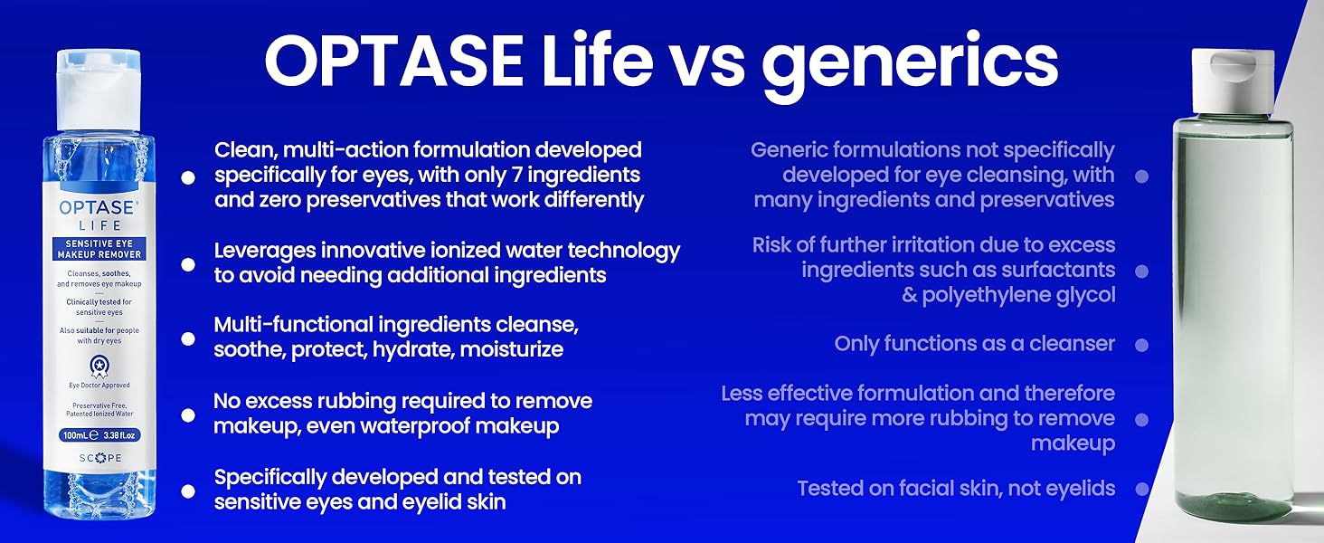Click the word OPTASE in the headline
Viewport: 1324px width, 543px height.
(394, 61)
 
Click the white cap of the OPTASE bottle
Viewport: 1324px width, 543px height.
(99, 90)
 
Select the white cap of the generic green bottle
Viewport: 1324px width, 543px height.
(1233, 81)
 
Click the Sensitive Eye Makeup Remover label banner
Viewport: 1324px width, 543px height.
(99, 249)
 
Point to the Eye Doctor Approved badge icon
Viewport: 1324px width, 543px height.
(99, 367)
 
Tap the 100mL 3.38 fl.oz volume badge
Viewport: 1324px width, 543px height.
(99, 435)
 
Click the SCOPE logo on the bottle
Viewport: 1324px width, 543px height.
(99, 458)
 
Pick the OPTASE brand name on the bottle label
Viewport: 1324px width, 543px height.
(98, 207)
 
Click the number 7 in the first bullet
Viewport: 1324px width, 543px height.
(534, 175)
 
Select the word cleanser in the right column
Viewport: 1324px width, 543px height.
(1072, 344)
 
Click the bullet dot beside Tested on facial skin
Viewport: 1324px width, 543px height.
(1142, 490)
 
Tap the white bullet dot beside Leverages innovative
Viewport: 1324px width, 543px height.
(188, 264)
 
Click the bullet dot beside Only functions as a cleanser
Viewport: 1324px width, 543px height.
(1142, 345)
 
